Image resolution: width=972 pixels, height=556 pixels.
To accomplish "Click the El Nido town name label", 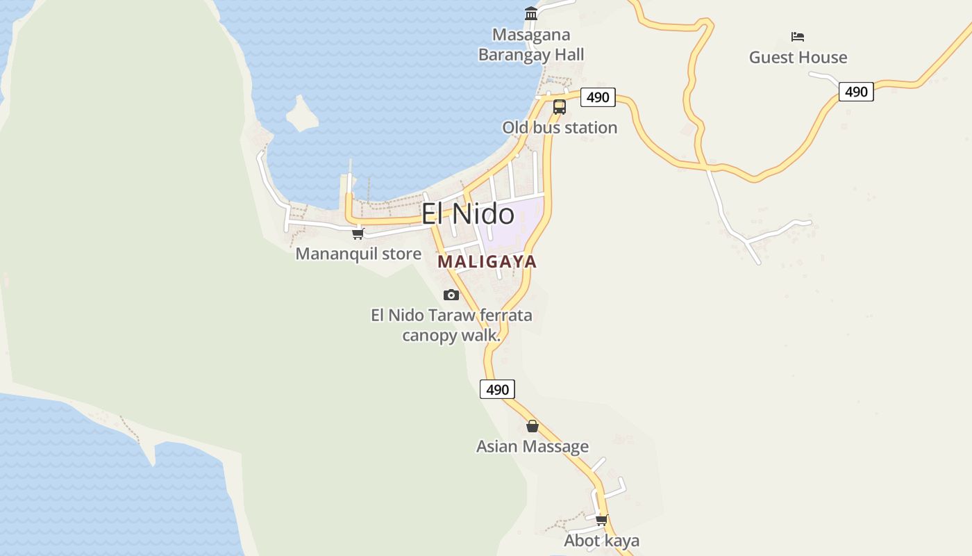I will pyautogui.click(x=468, y=213).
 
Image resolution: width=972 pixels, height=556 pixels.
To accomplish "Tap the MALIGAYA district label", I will pyautogui.click(x=487, y=262).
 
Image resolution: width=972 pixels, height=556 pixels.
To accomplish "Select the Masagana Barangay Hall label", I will pyautogui.click(x=531, y=44).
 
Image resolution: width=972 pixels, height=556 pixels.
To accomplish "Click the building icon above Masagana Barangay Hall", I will pyautogui.click(x=531, y=13).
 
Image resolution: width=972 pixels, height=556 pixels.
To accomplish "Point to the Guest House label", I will pyautogui.click(x=798, y=58).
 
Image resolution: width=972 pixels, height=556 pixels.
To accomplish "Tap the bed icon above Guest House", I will pyautogui.click(x=798, y=36).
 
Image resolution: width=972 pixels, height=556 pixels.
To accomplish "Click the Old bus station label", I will pyautogui.click(x=560, y=128).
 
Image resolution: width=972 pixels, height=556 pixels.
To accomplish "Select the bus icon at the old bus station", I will pyautogui.click(x=560, y=107).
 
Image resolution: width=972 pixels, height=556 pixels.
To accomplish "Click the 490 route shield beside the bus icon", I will pyautogui.click(x=598, y=97).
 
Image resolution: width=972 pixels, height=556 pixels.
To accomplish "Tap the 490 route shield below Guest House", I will pyautogui.click(x=856, y=92).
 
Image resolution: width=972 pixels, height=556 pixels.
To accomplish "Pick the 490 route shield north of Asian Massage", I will pyautogui.click(x=497, y=390).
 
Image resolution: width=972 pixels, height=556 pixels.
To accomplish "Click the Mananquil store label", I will pyautogui.click(x=358, y=254).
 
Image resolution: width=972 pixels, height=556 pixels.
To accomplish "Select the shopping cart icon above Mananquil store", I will pyautogui.click(x=358, y=234).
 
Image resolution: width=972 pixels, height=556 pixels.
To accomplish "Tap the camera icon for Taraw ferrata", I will pyautogui.click(x=451, y=295).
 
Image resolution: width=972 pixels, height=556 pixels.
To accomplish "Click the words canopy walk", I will pyautogui.click(x=451, y=336).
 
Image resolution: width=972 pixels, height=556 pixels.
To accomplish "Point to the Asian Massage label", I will pyautogui.click(x=533, y=447).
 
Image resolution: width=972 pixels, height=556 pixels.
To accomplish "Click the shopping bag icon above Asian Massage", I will pyautogui.click(x=533, y=426).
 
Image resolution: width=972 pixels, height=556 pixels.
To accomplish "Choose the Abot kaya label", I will pyautogui.click(x=601, y=541).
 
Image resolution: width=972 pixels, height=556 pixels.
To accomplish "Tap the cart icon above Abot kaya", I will pyautogui.click(x=601, y=519).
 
